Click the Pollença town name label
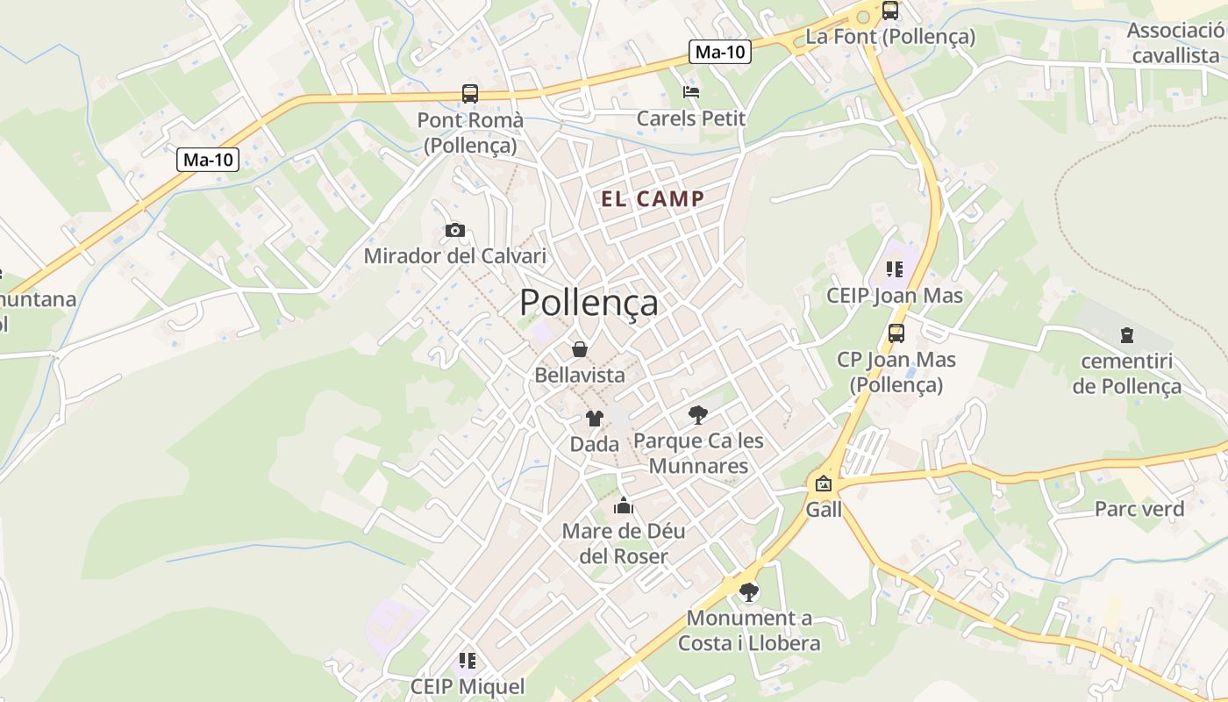[x=589, y=303]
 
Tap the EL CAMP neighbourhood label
[x=653, y=198]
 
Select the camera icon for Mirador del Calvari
[x=454, y=230]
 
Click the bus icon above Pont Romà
[x=470, y=94]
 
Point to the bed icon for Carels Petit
[x=691, y=91]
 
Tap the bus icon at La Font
[x=889, y=11]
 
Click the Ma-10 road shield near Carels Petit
[x=720, y=52]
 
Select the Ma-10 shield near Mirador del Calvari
[x=208, y=160]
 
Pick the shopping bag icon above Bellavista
[x=580, y=349]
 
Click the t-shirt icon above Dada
[x=595, y=419]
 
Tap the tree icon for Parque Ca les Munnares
[x=698, y=414]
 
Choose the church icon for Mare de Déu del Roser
[x=624, y=505]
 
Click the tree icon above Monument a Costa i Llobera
[x=749, y=592]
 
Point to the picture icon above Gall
[x=824, y=484]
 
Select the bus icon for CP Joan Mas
[x=896, y=333]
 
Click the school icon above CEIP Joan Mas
[x=895, y=269]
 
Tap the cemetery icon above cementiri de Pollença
[x=1126, y=335]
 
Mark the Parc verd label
[x=1139, y=509]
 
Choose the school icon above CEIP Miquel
[x=468, y=660]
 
